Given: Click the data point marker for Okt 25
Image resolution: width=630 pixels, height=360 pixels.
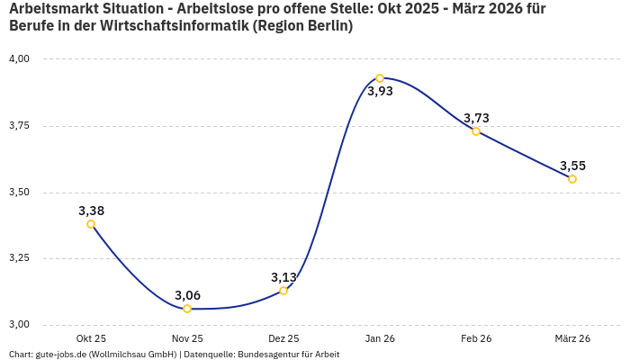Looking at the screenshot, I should click(x=91, y=224).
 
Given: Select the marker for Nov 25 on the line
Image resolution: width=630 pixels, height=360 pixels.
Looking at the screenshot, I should click(x=187, y=309).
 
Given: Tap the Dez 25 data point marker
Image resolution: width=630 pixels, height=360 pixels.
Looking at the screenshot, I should click(x=283, y=291).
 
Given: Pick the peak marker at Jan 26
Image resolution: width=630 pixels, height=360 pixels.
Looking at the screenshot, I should click(x=380, y=78).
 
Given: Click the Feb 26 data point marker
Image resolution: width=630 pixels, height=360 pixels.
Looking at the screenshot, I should click(x=476, y=131).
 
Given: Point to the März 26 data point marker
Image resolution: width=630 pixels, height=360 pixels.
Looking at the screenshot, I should click(x=572, y=179).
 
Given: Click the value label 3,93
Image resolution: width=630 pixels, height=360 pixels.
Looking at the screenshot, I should click(x=380, y=92).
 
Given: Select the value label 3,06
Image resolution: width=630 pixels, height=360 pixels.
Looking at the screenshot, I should click(x=187, y=295).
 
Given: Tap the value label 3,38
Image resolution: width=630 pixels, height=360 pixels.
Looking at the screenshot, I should click(x=91, y=211).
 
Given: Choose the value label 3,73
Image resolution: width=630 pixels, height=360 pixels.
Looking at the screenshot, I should click(x=476, y=118).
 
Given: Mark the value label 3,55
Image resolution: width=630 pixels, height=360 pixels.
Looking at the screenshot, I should click(x=572, y=166).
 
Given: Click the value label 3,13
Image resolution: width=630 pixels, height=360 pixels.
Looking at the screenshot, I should click(x=283, y=277).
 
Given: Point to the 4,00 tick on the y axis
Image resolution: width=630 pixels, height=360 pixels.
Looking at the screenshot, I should click(x=19, y=59).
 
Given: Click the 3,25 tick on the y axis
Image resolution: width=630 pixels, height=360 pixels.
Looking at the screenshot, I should click(x=19, y=258).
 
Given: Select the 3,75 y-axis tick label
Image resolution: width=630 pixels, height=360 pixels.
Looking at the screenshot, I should click(x=19, y=126).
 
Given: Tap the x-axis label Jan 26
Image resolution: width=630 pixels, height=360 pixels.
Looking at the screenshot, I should click(x=380, y=338).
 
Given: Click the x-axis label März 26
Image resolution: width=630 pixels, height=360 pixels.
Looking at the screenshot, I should click(x=572, y=338).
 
